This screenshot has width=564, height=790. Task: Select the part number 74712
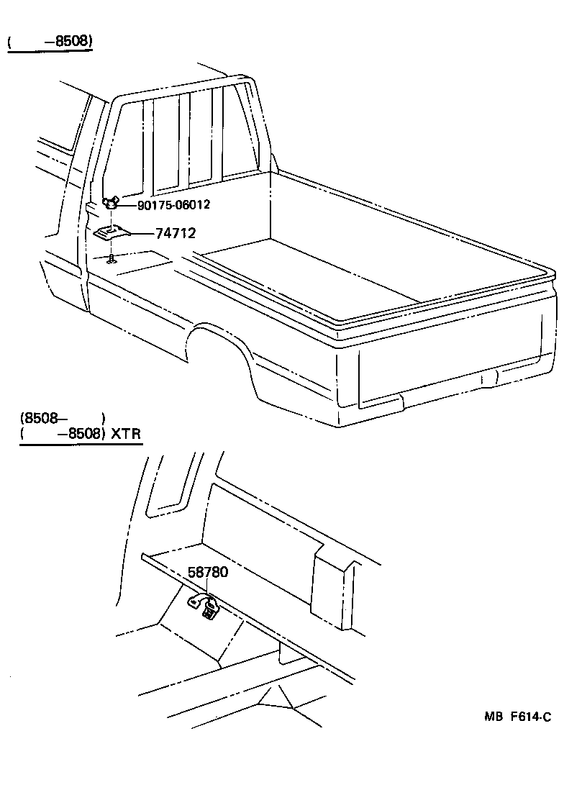[x=176, y=234]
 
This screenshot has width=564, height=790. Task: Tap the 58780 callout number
[x=208, y=573]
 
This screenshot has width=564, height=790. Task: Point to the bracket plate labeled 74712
[x=112, y=232]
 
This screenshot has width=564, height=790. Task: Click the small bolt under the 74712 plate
[x=112, y=259]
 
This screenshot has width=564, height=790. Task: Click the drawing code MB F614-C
[x=517, y=717]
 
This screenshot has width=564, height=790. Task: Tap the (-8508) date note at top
[x=50, y=42]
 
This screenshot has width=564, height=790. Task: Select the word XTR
[x=125, y=435]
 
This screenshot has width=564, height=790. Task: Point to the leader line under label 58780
[x=207, y=589]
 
